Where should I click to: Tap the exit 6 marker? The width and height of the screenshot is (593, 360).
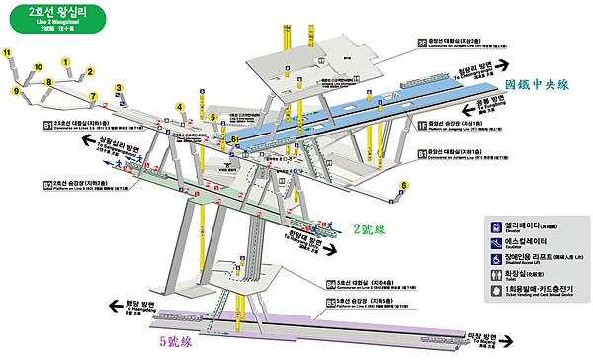[x=404, y=186]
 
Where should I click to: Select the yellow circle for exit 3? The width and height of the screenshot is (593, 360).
[x=118, y=88]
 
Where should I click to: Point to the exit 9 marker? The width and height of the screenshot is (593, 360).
[x=17, y=90]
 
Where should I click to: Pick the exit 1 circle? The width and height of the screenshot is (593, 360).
[x=66, y=62]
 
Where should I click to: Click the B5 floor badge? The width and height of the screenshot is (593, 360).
[x=331, y=301]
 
